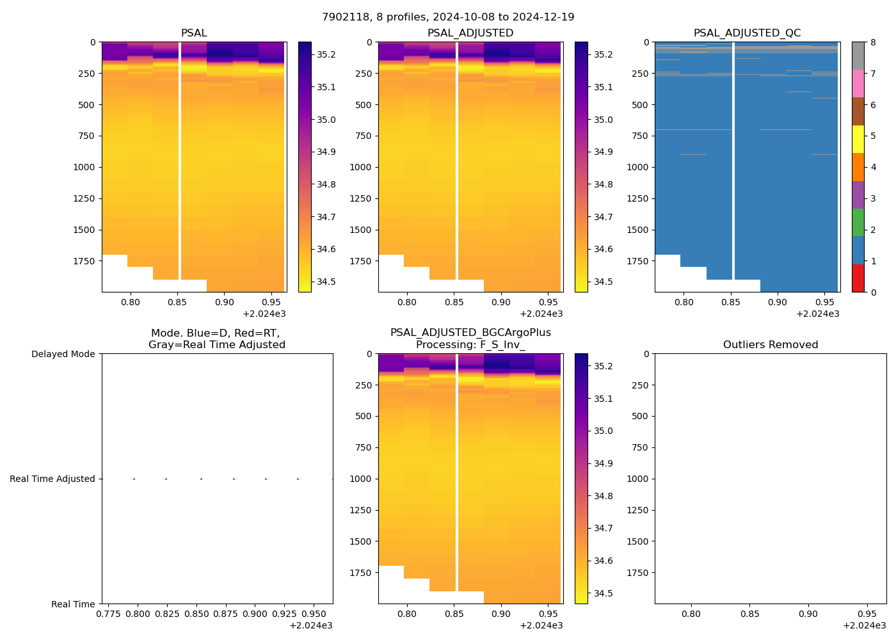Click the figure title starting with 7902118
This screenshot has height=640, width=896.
[x=448, y=17]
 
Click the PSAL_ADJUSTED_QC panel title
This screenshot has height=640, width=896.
[x=747, y=33]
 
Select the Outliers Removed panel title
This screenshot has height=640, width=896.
[x=770, y=345]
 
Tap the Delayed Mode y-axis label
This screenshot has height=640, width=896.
[x=63, y=354]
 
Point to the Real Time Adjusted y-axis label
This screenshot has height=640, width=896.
[x=52, y=479]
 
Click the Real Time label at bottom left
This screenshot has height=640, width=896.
[x=73, y=604]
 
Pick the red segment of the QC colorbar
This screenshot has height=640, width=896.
[x=858, y=278]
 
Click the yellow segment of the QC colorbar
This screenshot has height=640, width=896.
[x=858, y=139]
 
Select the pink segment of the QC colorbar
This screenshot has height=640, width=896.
[x=858, y=84]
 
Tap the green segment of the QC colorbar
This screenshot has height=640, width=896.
[x=858, y=223]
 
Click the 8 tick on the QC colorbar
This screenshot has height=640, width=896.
[x=872, y=42]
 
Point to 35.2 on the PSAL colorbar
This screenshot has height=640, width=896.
[x=326, y=54]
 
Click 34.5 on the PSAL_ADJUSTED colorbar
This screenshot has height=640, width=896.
[x=603, y=282]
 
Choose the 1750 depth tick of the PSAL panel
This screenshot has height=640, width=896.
[x=84, y=261]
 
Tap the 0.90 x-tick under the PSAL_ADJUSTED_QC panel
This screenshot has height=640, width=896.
[x=777, y=302]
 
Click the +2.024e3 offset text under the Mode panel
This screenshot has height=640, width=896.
[x=310, y=626]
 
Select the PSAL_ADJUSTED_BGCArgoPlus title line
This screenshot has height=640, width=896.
[x=470, y=333]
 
